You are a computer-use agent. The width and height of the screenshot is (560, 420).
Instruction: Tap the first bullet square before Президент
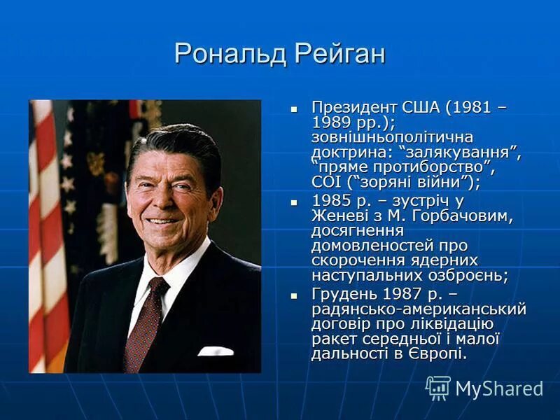click(x=295, y=108)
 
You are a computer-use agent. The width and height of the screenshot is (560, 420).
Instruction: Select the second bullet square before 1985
click(x=295, y=201)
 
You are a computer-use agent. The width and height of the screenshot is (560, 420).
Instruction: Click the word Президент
click(x=354, y=108)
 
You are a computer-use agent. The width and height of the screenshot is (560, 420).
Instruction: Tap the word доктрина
click(x=349, y=152)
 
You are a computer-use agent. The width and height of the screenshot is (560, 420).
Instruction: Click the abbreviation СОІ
click(x=326, y=182)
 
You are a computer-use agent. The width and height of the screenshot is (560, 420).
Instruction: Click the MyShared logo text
click(x=499, y=388)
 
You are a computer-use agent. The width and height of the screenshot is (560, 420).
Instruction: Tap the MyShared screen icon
click(x=438, y=387)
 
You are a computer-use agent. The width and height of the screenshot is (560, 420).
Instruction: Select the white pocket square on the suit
click(x=216, y=350)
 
